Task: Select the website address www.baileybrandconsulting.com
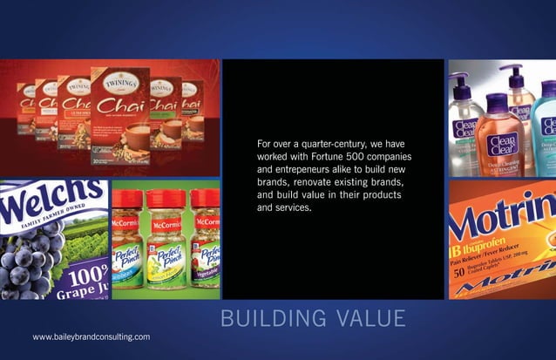point(91,336)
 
